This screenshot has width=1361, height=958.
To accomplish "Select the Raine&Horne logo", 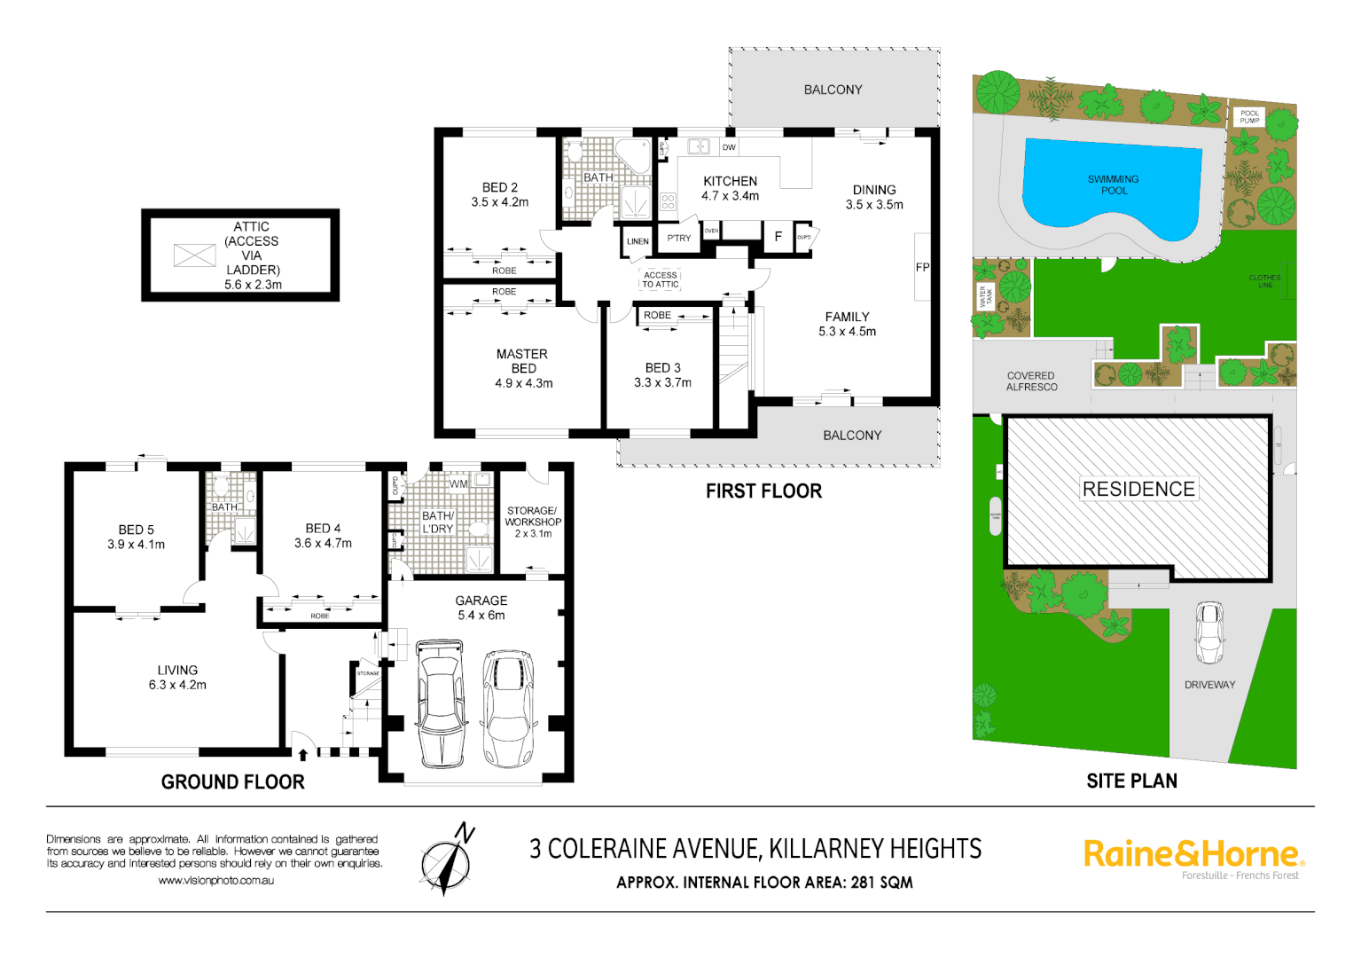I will coord(1193,854).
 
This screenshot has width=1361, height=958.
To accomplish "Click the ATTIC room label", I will coord(252,227).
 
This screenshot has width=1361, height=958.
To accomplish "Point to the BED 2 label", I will coord(500,187).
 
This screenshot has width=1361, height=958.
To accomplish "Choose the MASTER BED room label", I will coord(522,361).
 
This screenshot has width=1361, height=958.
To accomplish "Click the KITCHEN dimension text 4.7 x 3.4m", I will coord(730,196).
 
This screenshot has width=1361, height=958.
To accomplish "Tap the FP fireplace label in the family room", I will coord(922,267).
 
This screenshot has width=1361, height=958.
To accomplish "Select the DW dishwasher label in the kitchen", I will coord(729,147).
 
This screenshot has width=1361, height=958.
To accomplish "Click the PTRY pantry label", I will coord(679,238).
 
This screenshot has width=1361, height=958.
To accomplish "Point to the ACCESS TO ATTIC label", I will coord(661,279).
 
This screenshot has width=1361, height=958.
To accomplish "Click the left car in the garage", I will coord(441,705).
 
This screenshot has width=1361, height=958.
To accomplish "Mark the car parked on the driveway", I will coord(1209,632).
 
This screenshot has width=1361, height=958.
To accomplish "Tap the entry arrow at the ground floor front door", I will coord(303,755).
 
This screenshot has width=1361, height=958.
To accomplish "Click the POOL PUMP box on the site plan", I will coord(1249,116).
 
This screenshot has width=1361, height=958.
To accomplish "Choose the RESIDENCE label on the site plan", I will coord(1138,489).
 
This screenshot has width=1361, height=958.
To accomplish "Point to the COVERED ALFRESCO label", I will coord(1031,381).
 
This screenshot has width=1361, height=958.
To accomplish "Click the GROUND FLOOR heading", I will coord(232,781).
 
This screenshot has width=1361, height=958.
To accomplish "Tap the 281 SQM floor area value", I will coord(881,883).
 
